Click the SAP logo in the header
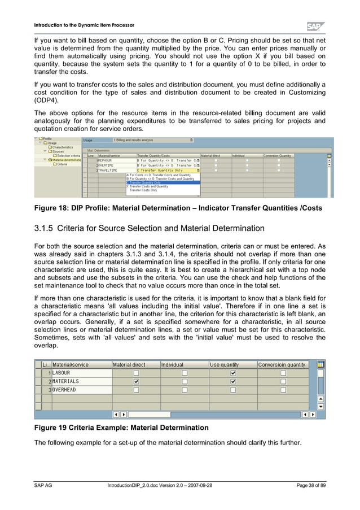pos(315,26)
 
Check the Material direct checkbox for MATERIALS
pos(135,381)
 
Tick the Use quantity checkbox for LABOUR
pos(233,373)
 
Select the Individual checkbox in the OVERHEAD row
pos(185,390)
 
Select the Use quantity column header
pos(224,365)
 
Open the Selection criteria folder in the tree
pos(68,155)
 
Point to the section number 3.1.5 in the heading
pos(46,229)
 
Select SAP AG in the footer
pos(43,486)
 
